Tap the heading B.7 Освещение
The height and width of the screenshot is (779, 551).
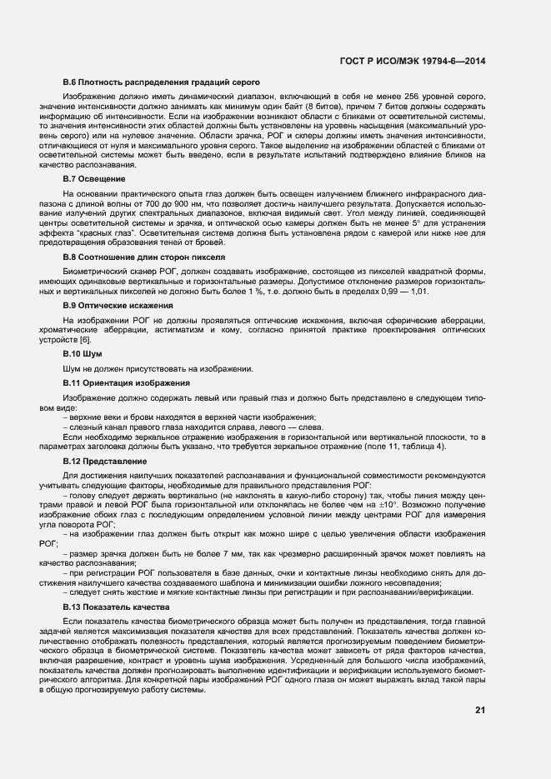click(94, 178)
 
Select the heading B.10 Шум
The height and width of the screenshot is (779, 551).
click(83, 354)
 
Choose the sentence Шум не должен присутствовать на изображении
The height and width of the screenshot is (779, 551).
click(158, 367)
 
